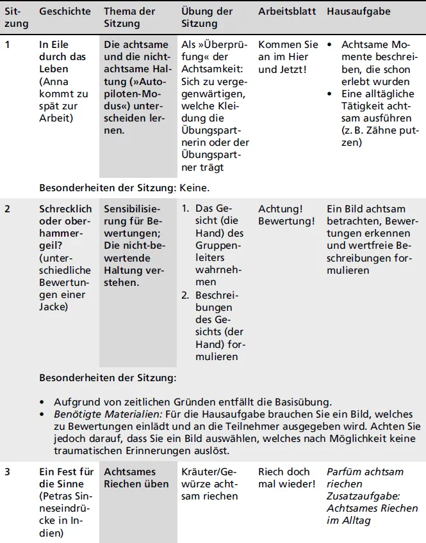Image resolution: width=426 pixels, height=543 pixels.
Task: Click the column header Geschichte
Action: (x=65, y=12)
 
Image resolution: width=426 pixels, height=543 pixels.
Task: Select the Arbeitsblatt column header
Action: (x=288, y=12)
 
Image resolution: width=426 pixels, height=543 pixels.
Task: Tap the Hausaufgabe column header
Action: (x=357, y=12)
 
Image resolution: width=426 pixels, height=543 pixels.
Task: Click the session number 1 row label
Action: (x=8, y=45)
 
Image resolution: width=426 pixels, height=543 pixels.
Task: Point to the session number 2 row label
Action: (x=8, y=209)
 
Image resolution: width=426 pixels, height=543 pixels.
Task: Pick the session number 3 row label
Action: (x=8, y=472)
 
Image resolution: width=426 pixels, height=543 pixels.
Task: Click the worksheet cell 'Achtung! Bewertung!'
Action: (x=286, y=215)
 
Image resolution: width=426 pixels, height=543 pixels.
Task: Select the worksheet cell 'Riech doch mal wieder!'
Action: (x=286, y=478)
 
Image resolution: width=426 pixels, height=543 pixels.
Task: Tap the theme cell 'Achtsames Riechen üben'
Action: (x=136, y=478)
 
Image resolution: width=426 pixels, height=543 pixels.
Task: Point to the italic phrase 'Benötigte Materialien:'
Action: (x=103, y=414)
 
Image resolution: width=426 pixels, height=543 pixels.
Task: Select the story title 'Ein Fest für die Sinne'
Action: (x=66, y=478)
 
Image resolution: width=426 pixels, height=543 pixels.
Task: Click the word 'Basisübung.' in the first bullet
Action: (x=306, y=402)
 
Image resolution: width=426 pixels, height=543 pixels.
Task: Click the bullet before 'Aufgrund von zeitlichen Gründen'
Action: (x=42, y=402)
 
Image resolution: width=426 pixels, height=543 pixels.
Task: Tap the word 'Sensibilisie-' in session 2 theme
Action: (x=133, y=209)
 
